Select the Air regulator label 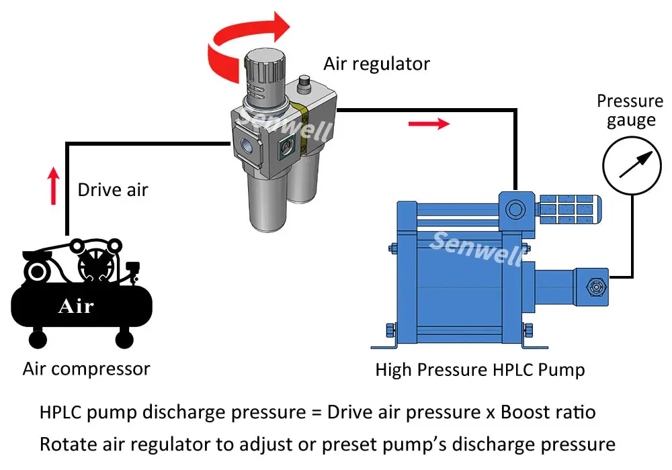coord(376,64)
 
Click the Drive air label coord(112,190)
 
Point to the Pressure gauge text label coord(630,111)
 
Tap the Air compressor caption coord(86,369)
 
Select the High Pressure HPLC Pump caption coord(480,369)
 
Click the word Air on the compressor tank coord(75,307)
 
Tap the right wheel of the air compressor coord(124,338)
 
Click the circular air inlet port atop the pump coord(515,209)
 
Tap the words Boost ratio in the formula coord(548,412)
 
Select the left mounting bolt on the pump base coord(390,330)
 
